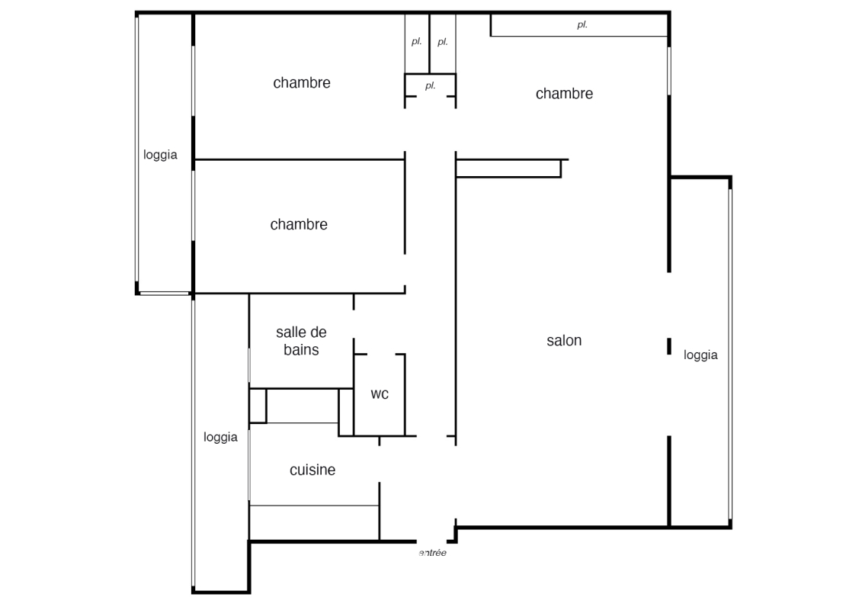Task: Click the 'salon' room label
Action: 564,341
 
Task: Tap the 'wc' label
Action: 380,394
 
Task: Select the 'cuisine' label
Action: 312,470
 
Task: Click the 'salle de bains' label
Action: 301,341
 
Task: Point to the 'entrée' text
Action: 433,553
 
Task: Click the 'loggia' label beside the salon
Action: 700,355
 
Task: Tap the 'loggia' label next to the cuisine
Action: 220,437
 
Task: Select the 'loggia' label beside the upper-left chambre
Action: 160,155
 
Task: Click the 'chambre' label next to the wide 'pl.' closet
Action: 564,94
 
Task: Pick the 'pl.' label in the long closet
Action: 582,24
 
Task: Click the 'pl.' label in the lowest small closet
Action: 431,86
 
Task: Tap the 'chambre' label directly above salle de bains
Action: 299,224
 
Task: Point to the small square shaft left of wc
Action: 258,406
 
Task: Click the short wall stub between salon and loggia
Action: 669,346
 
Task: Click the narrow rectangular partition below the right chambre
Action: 508,169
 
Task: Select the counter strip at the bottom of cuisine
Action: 314,522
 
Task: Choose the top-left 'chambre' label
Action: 302,82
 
